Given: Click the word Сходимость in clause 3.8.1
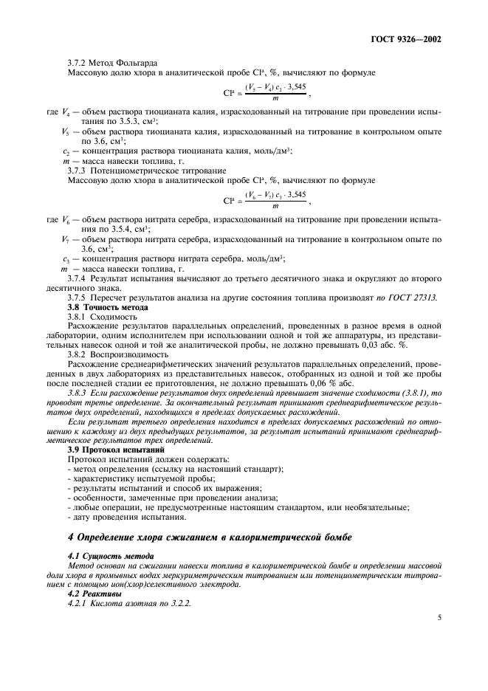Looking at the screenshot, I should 122,315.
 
